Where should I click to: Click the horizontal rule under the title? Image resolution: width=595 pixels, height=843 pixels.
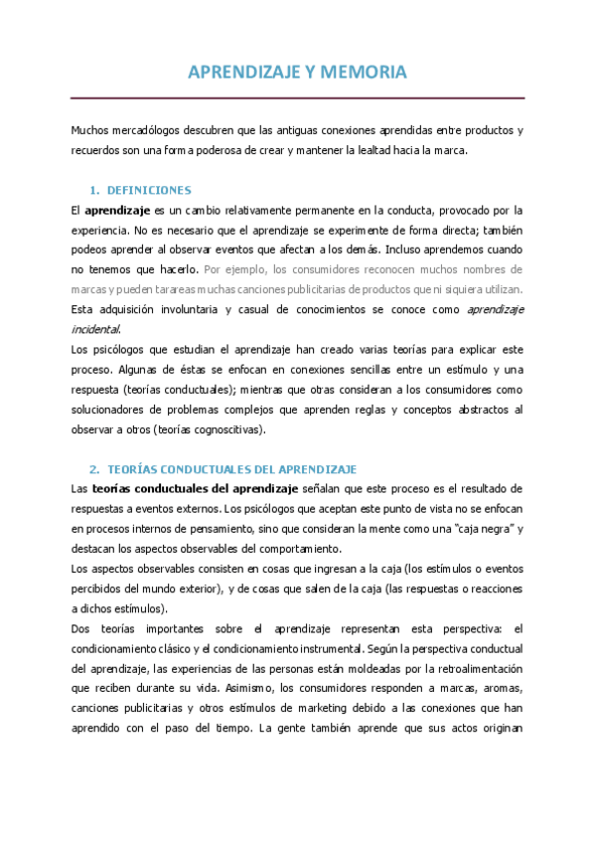tap(297, 97)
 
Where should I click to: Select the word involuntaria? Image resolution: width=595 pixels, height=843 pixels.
tap(181, 309)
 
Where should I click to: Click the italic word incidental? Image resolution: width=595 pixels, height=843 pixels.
tap(95, 328)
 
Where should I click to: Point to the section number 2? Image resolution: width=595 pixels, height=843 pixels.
tap(93, 468)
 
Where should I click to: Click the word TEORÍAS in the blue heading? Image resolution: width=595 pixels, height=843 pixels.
tap(134, 468)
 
